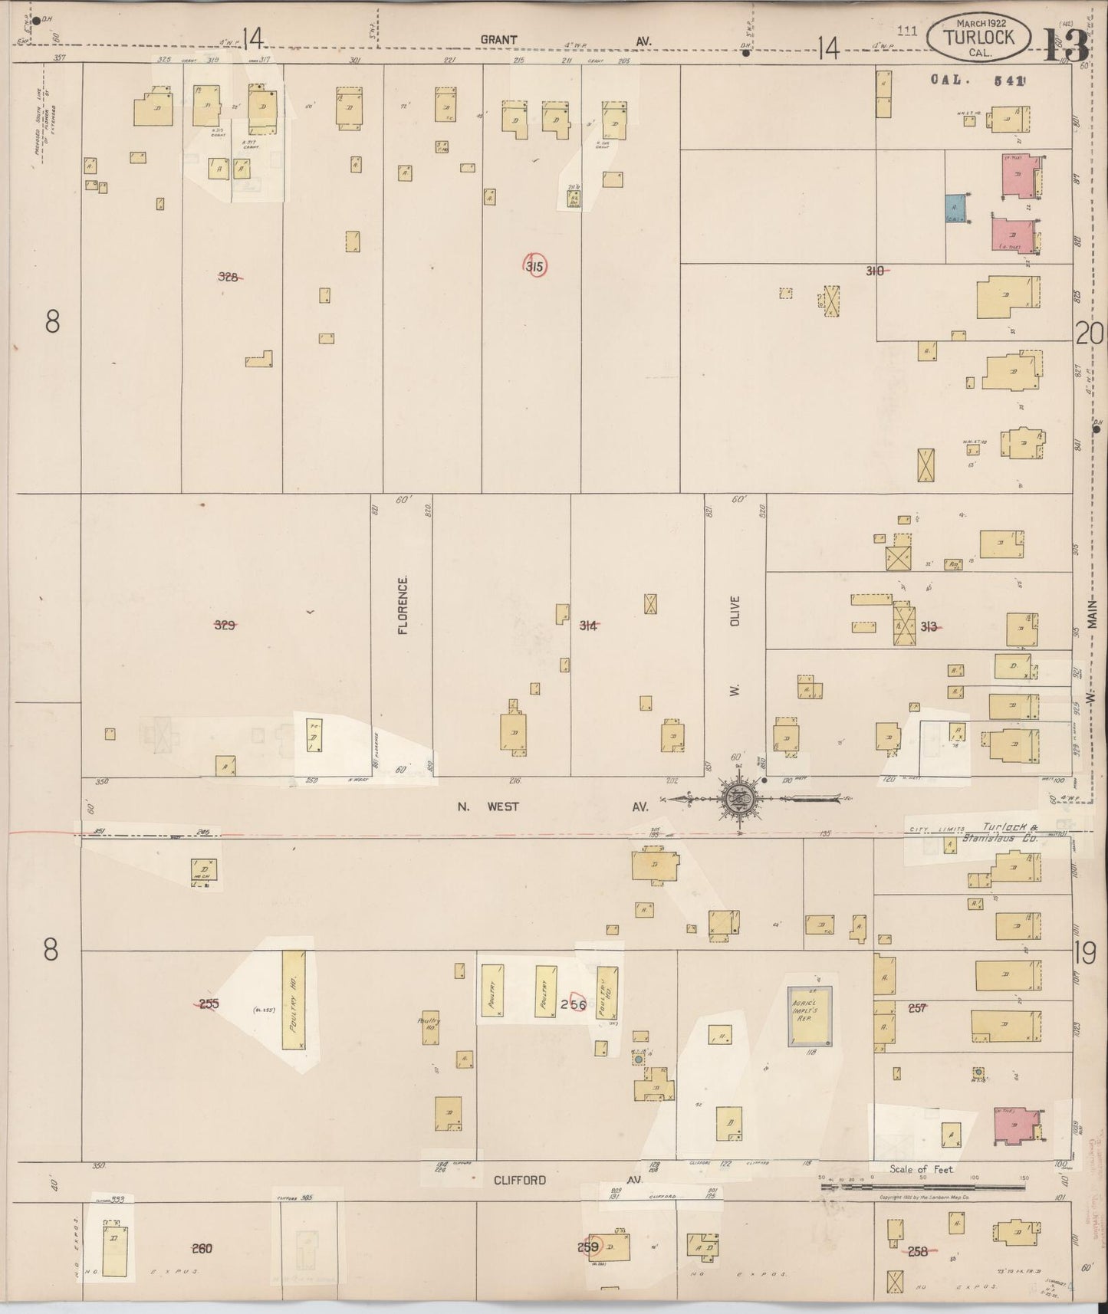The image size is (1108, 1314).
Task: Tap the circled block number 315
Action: coord(535,267)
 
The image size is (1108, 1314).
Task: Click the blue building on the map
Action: coord(954,208)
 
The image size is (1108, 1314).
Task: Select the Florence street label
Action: coord(403,605)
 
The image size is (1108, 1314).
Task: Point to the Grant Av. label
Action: coord(564,41)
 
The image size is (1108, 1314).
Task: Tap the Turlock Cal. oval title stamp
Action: coord(979,36)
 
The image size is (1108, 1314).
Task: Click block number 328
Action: coord(228,278)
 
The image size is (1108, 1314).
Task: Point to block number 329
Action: coord(224,625)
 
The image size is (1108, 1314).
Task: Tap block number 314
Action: coord(588,626)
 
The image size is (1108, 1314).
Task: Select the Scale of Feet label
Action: coord(921,1170)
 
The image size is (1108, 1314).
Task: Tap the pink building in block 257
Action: coord(1017,1125)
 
